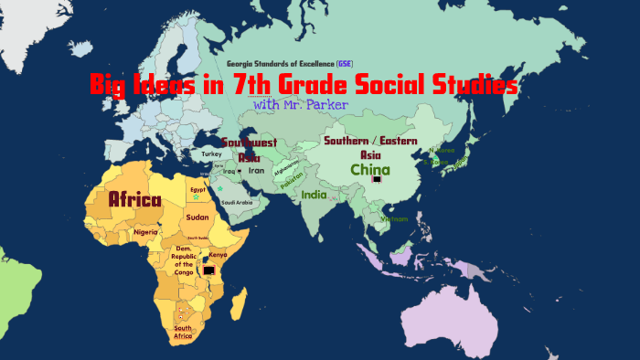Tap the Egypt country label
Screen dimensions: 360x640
[195, 189]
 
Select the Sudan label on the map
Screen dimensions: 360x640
[197, 217]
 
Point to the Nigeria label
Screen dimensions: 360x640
[145, 232]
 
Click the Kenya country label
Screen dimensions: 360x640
[218, 254]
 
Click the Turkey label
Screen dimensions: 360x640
[211, 154]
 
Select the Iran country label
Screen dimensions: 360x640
[257, 170]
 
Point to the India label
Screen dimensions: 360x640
[314, 195]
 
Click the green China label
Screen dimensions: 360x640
[370, 170]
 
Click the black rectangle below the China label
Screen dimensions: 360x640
[377, 180]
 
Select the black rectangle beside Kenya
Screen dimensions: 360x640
[209, 270]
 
